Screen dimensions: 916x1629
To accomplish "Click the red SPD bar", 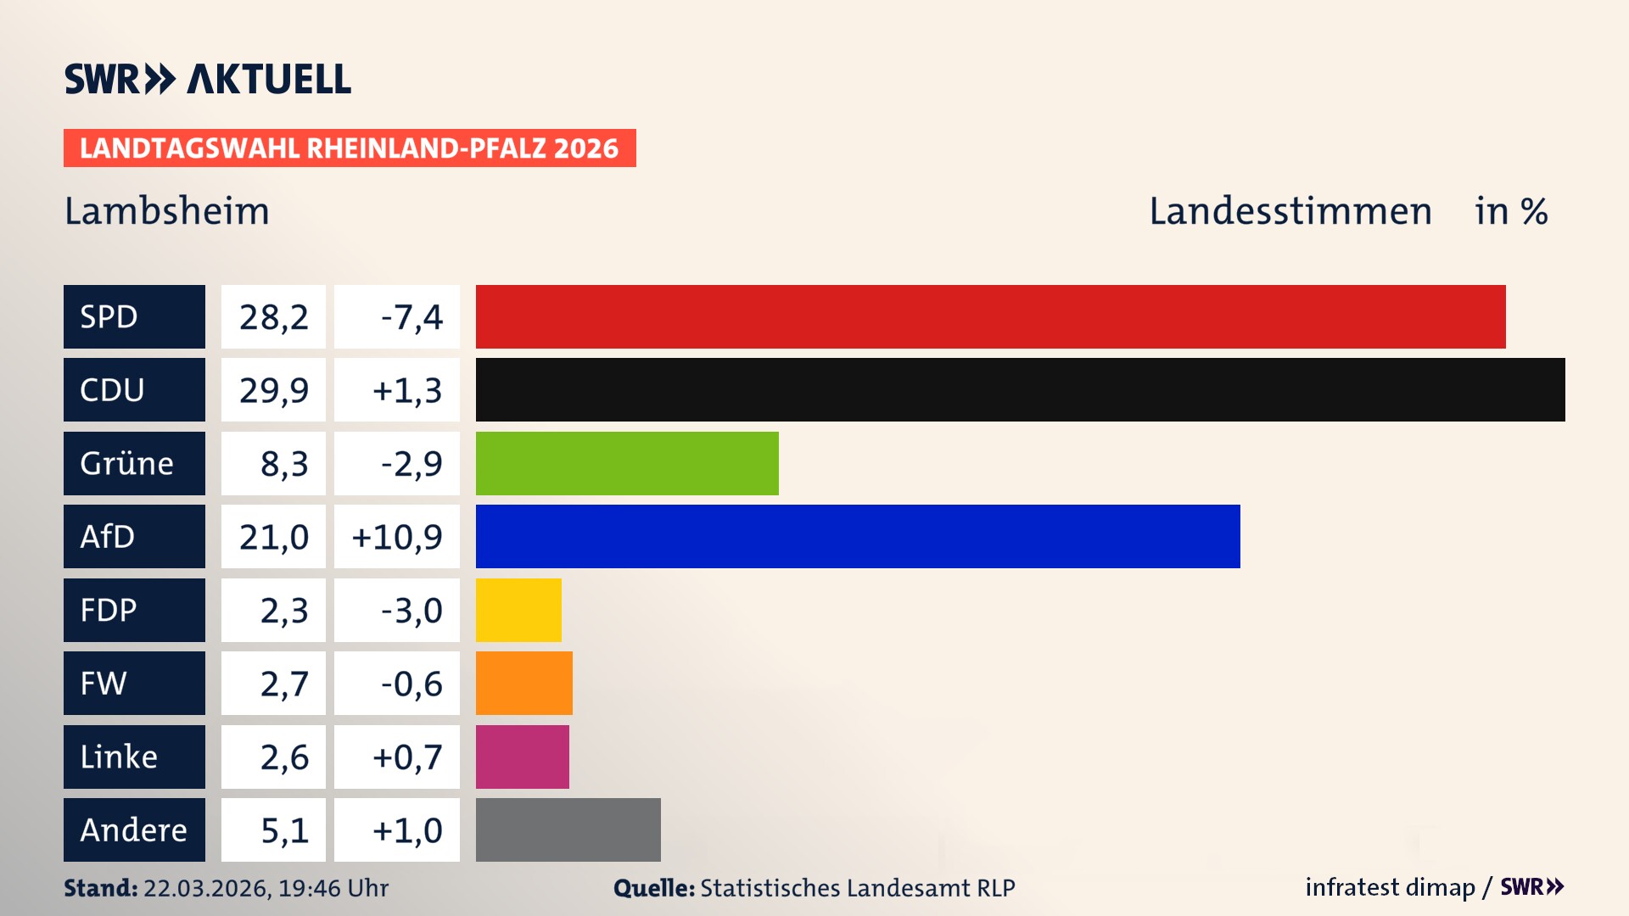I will click(990, 316).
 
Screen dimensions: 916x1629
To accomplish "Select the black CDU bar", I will click(1020, 389).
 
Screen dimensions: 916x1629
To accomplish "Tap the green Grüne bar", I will click(627, 463).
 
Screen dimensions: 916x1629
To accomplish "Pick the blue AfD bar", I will click(858, 536).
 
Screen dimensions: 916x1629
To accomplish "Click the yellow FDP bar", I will click(518, 610).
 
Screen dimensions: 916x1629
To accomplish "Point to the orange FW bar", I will click(523, 683).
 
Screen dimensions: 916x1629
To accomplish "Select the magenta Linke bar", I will click(522, 757).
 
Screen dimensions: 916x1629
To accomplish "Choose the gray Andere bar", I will click(568, 829).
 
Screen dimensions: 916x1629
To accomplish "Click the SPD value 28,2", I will click(273, 317).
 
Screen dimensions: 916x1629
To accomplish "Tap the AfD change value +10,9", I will click(397, 537).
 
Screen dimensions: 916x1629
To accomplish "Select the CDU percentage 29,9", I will click(273, 390).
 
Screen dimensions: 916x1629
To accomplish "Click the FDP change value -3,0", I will click(411, 611).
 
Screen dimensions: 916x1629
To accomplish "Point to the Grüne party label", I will click(127, 463).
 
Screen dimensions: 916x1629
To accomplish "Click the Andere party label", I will click(133, 829).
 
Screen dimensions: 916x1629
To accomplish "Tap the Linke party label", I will click(119, 757).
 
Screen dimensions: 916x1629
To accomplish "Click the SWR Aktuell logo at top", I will click(207, 79).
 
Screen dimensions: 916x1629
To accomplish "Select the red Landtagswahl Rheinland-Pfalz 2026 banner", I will click(349, 148).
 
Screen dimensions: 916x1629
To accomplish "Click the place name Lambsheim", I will click(167, 211).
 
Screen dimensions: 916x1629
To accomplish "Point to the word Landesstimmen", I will click(1290, 211).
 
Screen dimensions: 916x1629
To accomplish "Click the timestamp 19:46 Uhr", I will click(333, 888).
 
